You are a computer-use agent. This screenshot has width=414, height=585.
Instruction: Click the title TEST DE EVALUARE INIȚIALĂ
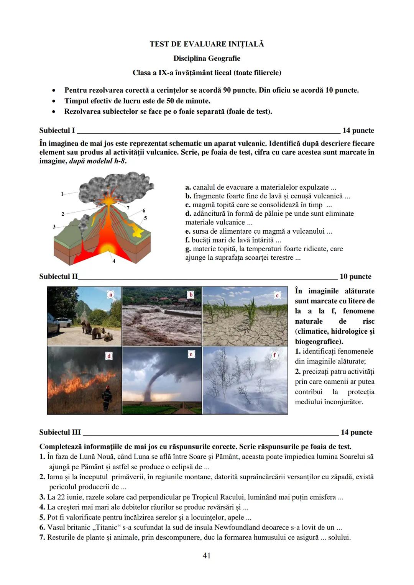point(207,44)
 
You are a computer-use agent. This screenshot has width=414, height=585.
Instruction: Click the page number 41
point(206,555)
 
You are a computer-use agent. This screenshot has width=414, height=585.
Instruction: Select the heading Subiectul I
point(57,131)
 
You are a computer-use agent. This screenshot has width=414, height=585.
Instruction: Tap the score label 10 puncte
point(355,277)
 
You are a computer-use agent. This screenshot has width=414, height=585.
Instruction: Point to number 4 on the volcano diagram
point(114,261)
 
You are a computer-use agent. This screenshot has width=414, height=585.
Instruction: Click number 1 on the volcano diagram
point(62,194)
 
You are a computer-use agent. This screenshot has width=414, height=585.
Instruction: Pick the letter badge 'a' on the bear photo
point(111,295)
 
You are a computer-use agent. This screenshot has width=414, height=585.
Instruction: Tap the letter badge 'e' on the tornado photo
point(191,354)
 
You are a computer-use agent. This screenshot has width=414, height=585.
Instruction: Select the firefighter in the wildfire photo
point(107,398)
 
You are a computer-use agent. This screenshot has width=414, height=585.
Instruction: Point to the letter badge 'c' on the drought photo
point(278,295)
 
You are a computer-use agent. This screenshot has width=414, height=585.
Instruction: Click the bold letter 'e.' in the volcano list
point(188,231)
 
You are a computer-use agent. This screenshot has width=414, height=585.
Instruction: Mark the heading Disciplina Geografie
point(207,59)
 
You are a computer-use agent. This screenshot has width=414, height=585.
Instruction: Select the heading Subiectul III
point(60,433)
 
